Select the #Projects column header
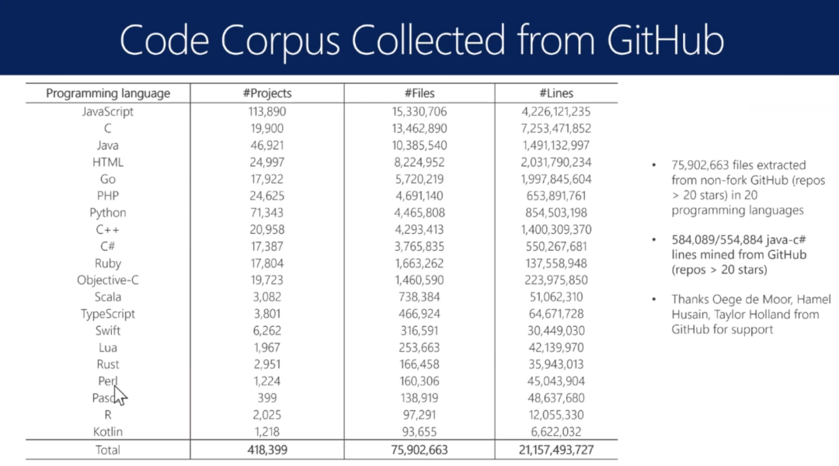pos(266,93)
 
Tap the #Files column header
pos(419,93)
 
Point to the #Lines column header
pos(555,93)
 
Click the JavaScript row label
pos(108,111)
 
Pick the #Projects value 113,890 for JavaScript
pos(266,111)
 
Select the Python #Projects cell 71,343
pos(266,213)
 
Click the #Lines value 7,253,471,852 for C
pos(555,128)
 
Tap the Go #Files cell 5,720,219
pos(419,179)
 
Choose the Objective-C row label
pos(108,280)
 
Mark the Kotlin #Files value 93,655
pos(419,432)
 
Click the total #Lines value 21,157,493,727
pos(555,450)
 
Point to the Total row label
pos(108,450)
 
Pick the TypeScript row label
pos(108,314)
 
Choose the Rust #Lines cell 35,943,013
pos(555,364)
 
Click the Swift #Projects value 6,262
pos(266,331)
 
